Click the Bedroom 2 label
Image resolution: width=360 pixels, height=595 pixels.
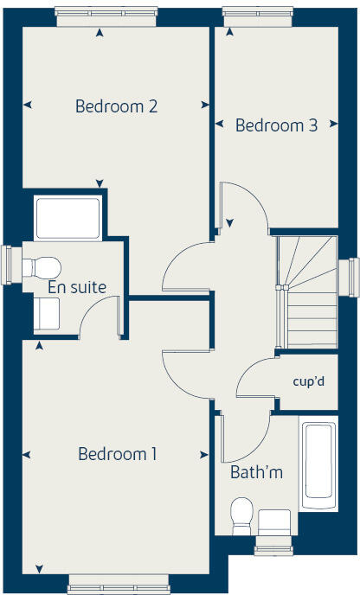click(x=116, y=106)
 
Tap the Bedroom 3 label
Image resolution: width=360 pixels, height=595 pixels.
click(x=276, y=125)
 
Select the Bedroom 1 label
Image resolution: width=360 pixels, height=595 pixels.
click(x=117, y=453)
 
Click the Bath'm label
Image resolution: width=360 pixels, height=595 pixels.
click(x=256, y=473)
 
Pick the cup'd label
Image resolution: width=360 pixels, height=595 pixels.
click(x=307, y=381)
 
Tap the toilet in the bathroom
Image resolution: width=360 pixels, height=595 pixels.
click(x=241, y=515)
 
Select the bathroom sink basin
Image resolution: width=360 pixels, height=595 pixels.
click(x=276, y=521)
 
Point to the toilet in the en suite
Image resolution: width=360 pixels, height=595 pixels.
click(x=43, y=266)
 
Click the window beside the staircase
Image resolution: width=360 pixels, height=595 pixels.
click(x=353, y=277)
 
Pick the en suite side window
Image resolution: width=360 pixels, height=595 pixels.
click(x=7, y=266)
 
